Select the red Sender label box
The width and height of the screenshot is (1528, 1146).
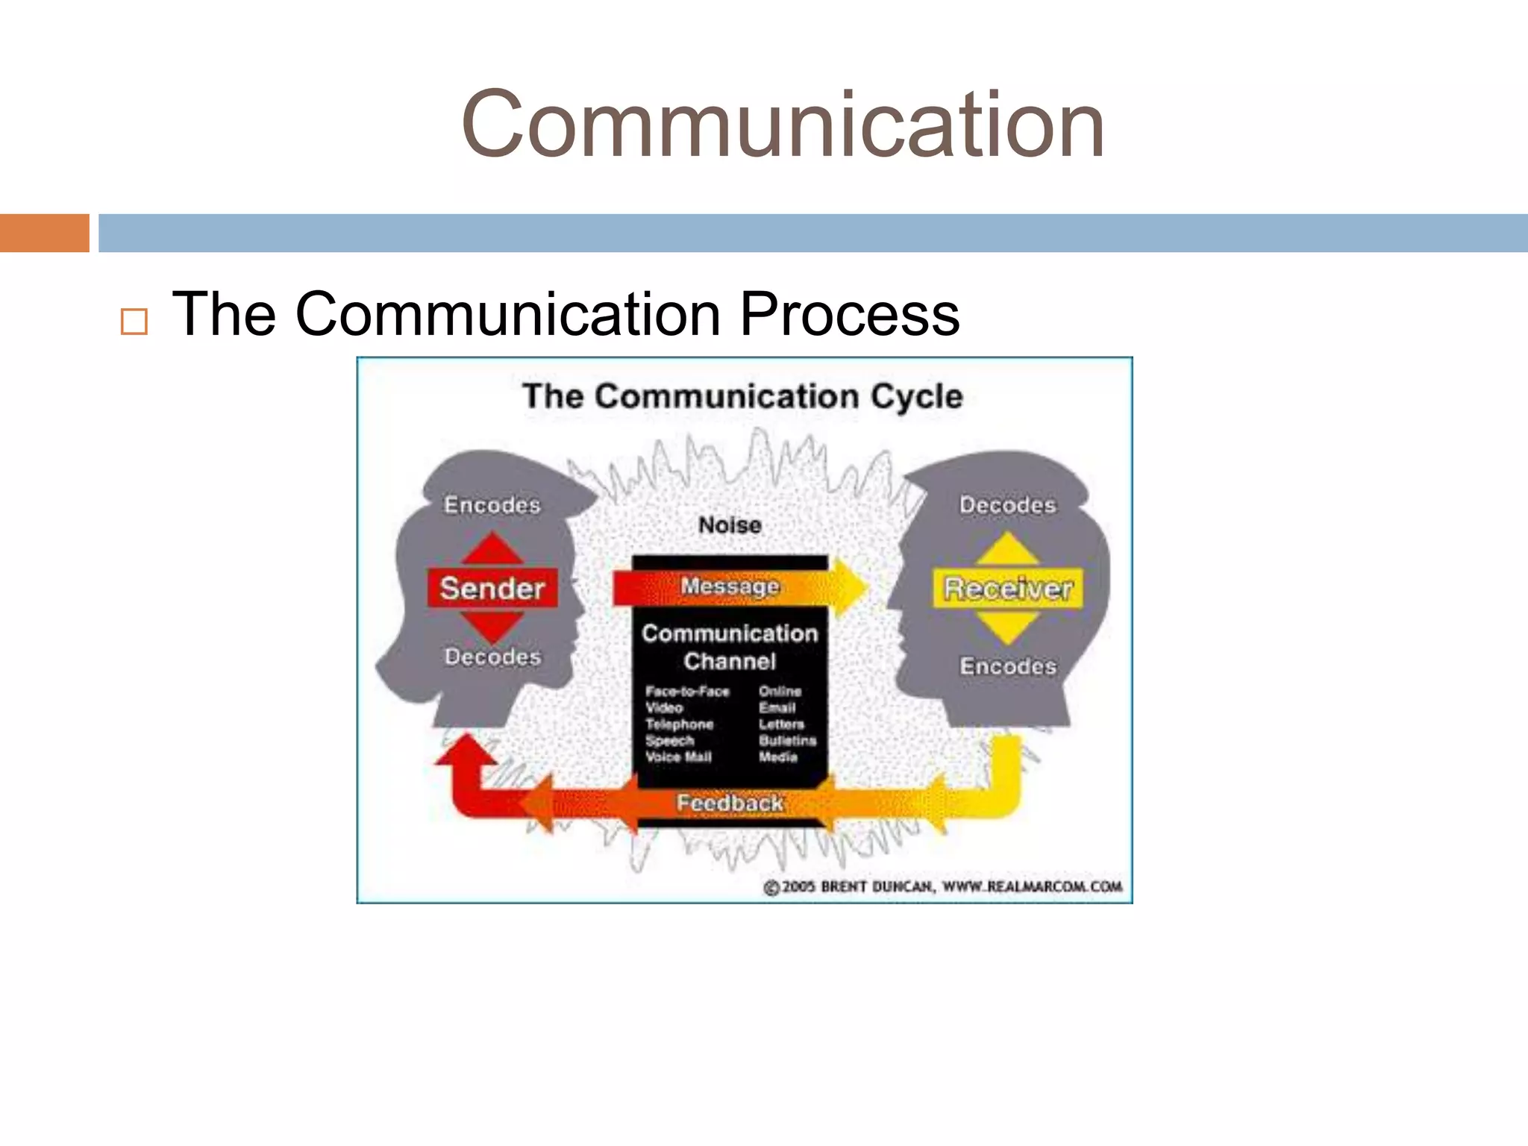(492, 588)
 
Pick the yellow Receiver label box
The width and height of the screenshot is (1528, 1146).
(1008, 589)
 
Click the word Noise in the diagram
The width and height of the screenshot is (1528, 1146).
(730, 525)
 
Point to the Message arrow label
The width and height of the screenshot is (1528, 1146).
(730, 586)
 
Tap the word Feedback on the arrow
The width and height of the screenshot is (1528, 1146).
(730, 803)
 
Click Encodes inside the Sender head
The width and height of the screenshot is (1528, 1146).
(492, 505)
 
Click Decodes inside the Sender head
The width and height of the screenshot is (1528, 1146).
(492, 657)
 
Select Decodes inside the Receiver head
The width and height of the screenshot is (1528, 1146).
(1008, 505)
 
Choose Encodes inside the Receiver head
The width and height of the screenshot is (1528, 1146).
(1008, 666)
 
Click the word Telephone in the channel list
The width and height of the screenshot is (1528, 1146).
(679, 724)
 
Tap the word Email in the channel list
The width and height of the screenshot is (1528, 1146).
(777, 707)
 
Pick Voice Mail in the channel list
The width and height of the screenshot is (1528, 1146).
(678, 757)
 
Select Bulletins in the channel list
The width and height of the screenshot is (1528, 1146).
(787, 740)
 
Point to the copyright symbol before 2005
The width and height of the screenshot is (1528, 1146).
(771, 887)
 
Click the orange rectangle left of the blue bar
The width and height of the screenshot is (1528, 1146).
(45, 233)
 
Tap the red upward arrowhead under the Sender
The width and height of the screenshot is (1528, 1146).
(466, 749)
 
